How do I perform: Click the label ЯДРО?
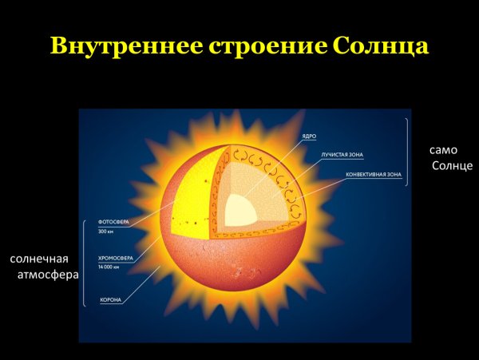pos(309,137)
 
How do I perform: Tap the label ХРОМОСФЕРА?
pos(115,259)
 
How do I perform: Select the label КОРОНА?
pos(110,300)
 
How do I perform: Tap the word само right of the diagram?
pos(444,149)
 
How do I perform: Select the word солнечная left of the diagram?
pos(39,259)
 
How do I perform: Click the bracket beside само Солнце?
pos(408,152)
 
